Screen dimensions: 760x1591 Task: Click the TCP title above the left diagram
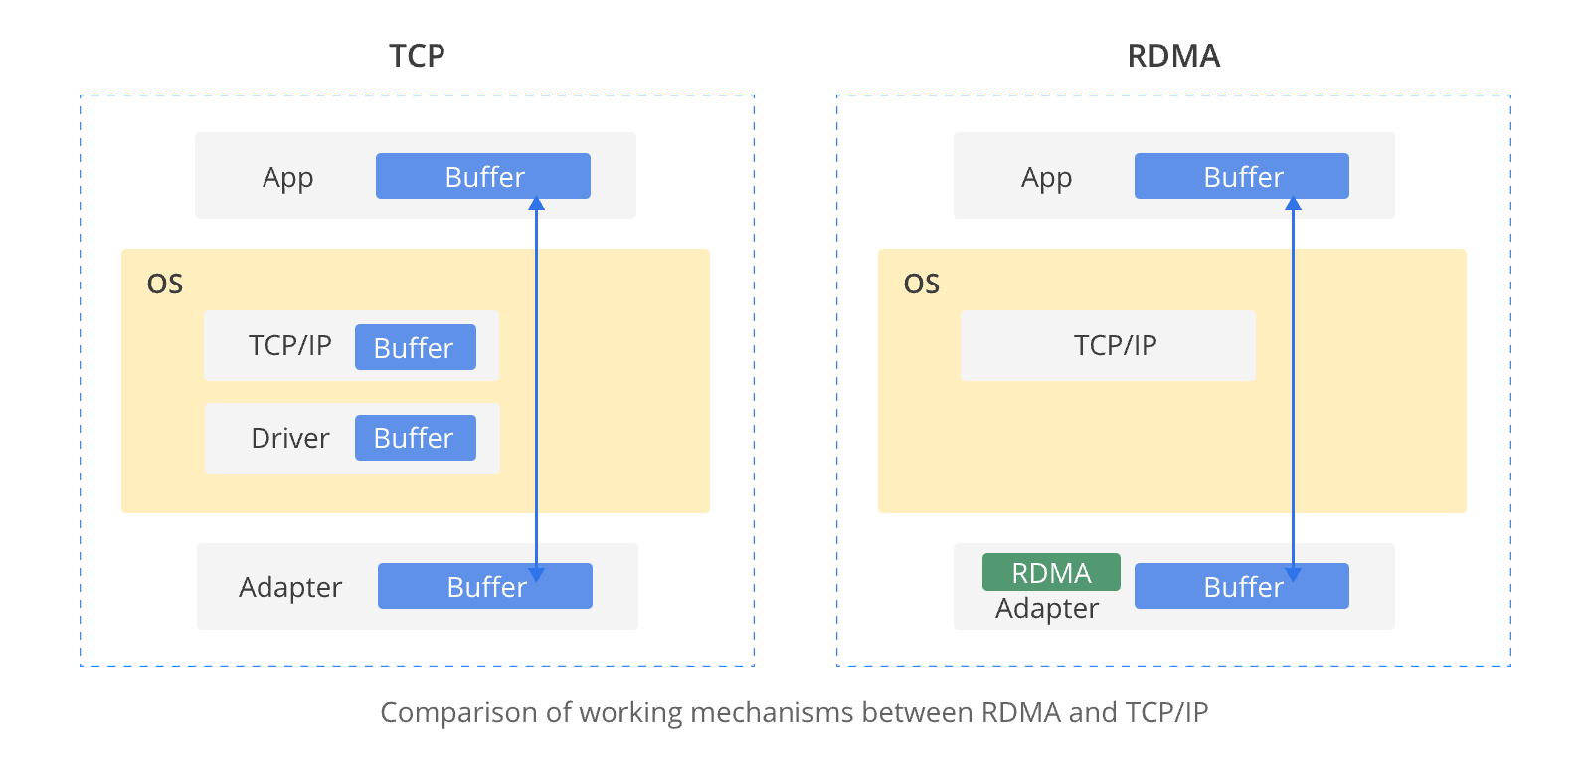[x=417, y=56]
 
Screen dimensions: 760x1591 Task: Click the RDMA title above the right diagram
[x=1173, y=56]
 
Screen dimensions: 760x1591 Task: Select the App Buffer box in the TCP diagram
[x=483, y=176]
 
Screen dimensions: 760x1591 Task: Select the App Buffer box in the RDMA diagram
[x=1242, y=176]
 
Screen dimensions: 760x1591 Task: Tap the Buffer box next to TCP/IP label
[x=415, y=347]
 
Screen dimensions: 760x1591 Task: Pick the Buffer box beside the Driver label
[x=415, y=438]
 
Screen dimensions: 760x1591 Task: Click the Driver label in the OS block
[x=289, y=438]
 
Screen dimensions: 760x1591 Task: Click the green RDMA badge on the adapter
[x=1051, y=572]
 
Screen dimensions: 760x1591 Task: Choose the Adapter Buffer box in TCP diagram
[x=485, y=586]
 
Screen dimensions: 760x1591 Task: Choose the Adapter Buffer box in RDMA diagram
[x=1242, y=586]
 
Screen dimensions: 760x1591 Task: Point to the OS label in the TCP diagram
[x=165, y=285]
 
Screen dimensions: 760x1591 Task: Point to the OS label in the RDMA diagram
[x=922, y=285]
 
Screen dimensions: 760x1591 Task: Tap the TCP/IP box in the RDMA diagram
[x=1108, y=345]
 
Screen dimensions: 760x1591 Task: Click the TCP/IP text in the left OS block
[x=289, y=345]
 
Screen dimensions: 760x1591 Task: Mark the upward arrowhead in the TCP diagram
[x=536, y=203]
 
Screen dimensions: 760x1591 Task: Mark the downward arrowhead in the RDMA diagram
[x=1293, y=575]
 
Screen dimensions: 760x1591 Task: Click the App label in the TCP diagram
[x=288, y=177]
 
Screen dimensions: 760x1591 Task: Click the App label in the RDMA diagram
[x=1047, y=177]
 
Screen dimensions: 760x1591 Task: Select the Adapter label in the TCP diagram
[x=290, y=587]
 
